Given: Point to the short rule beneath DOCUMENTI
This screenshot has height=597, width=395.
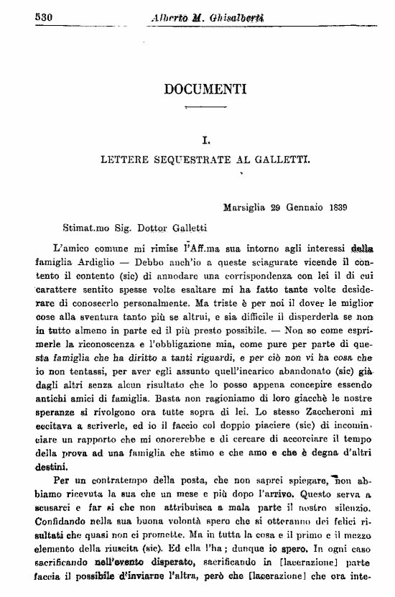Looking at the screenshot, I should pyautogui.click(x=205, y=108).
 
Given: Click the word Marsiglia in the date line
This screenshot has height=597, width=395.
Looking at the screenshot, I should pyautogui.click(x=246, y=208).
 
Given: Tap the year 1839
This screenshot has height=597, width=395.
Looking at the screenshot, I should pyautogui.click(x=335, y=208).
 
